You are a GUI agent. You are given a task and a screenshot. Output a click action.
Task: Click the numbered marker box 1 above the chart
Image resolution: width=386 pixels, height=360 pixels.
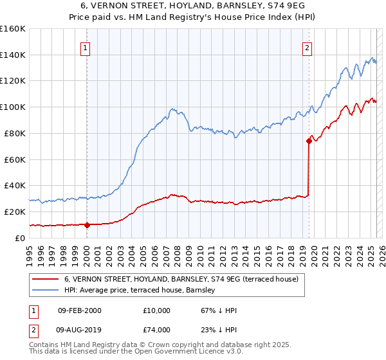pyautogui.click(x=86, y=47)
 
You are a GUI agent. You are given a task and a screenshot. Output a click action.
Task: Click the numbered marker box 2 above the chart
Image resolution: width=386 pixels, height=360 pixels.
pyautogui.click(x=308, y=47)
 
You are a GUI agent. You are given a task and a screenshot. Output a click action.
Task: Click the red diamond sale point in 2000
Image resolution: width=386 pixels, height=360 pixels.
pyautogui.click(x=87, y=225)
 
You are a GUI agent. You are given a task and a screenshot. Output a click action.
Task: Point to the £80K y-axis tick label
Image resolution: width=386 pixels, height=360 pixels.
pyautogui.click(x=13, y=133)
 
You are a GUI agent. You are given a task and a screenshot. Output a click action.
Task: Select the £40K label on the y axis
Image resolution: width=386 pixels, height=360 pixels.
pyautogui.click(x=13, y=185)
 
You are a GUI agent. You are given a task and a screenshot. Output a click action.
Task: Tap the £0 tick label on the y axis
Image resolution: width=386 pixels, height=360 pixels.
pyautogui.click(x=20, y=238)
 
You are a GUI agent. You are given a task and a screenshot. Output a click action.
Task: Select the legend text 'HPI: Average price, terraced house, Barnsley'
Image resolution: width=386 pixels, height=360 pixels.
pyautogui.click(x=143, y=291)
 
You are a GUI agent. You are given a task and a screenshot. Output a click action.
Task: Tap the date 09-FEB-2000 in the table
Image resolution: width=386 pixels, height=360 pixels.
pyautogui.click(x=79, y=310)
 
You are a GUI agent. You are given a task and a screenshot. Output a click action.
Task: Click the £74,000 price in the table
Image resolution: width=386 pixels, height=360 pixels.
pyautogui.click(x=157, y=330)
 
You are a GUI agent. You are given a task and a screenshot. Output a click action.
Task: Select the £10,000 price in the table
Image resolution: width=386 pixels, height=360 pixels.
pyautogui.click(x=157, y=310)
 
